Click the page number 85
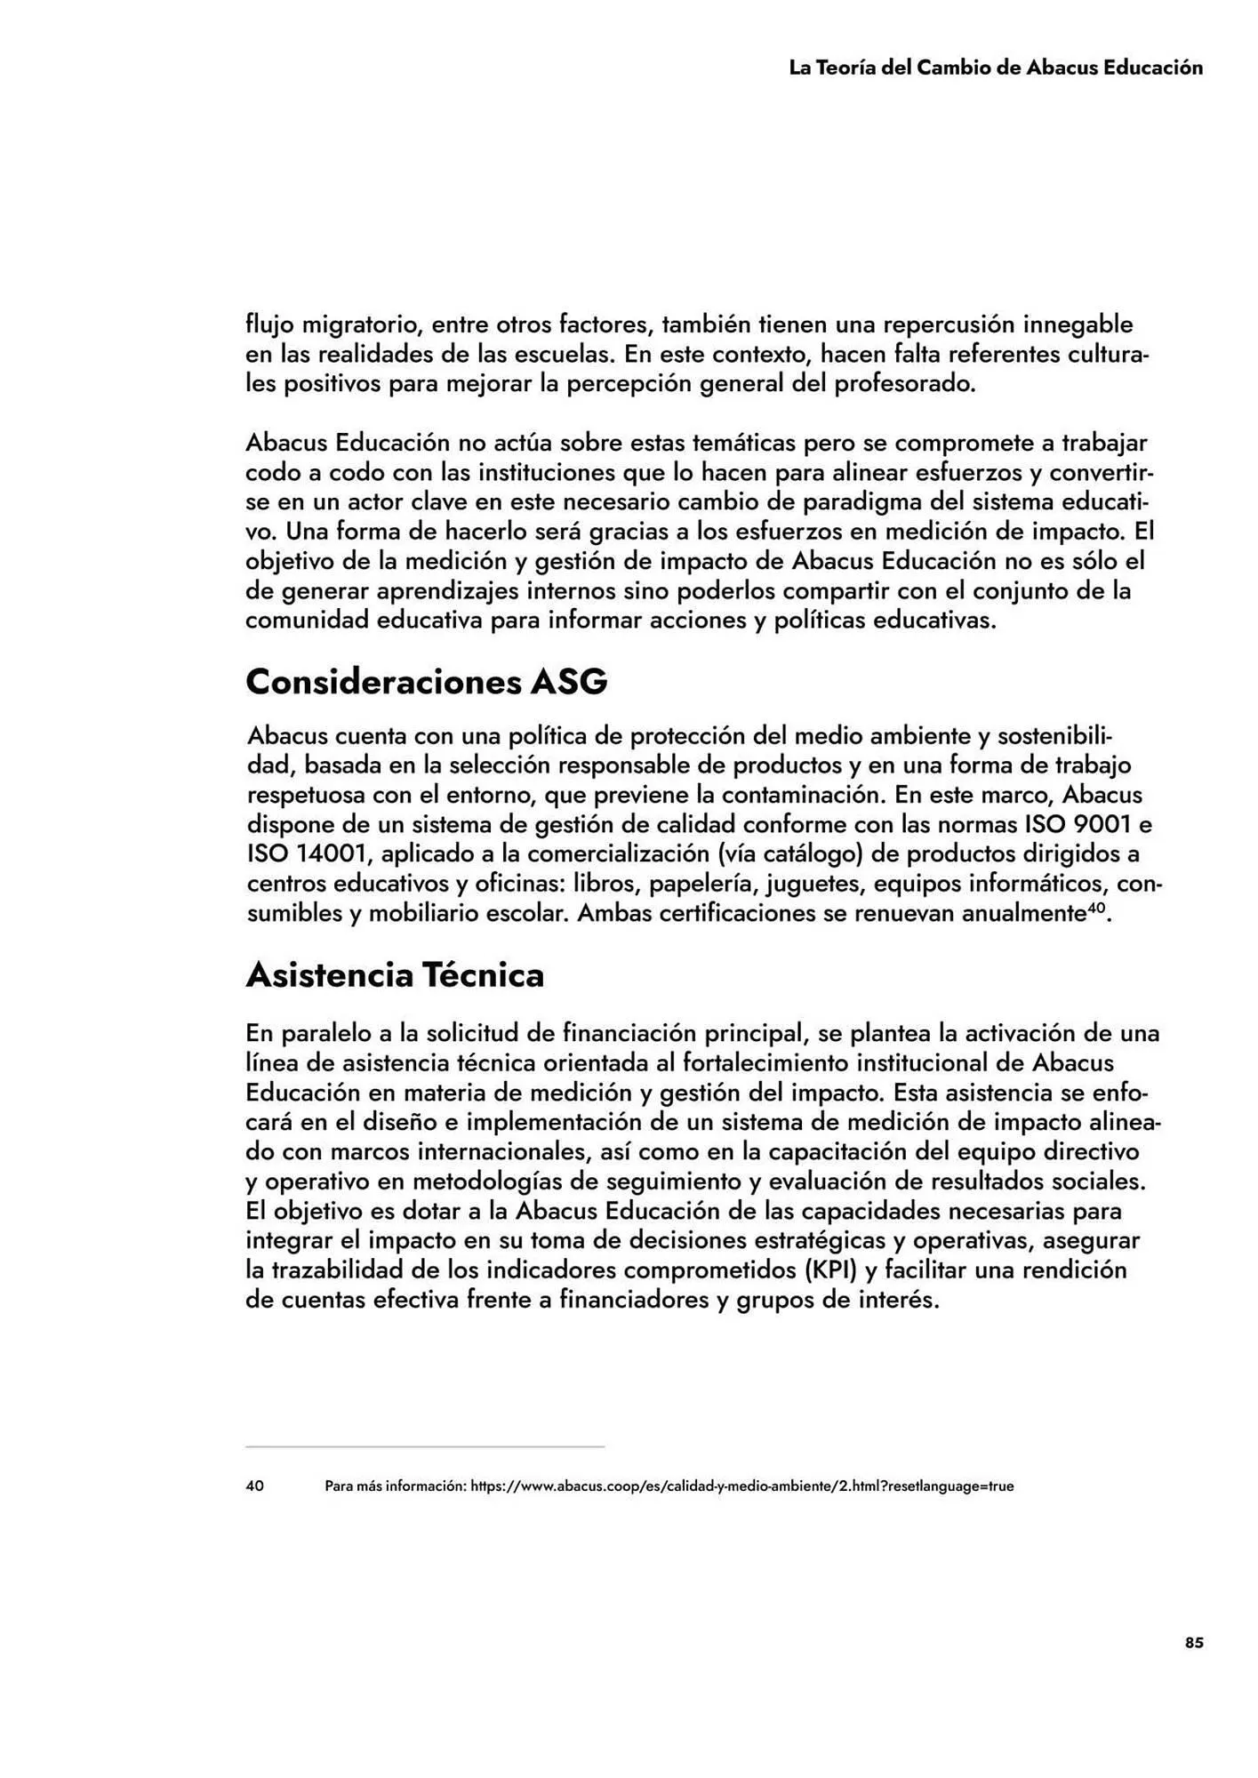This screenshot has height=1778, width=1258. click(1194, 1643)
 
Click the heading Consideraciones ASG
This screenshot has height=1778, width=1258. click(426, 682)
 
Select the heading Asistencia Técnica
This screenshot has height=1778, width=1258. click(394, 975)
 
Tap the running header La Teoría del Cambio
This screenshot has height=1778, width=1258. click(996, 68)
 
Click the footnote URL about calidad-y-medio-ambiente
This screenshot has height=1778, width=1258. click(741, 1486)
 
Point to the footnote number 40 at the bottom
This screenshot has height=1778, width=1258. click(254, 1486)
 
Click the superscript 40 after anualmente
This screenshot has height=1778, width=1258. click(1096, 908)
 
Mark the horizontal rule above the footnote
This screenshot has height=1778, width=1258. click(425, 1446)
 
